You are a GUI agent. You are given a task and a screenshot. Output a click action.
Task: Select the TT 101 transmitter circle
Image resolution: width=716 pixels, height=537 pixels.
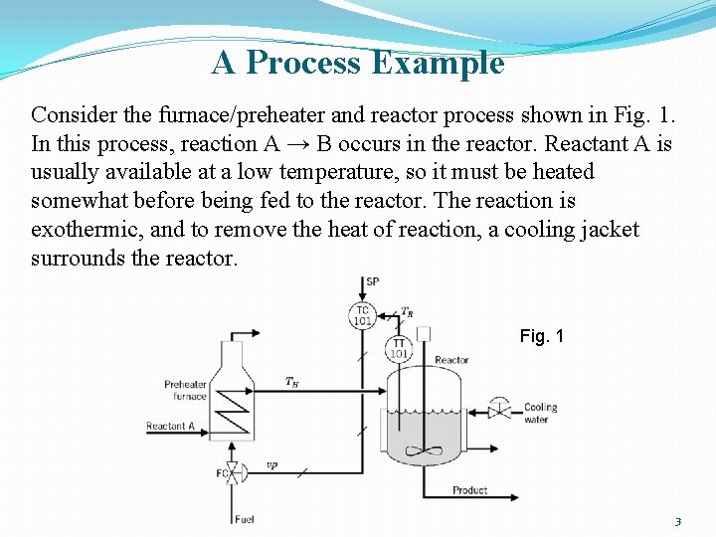398,347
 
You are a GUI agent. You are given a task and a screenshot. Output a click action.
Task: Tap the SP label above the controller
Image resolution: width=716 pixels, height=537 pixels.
372,281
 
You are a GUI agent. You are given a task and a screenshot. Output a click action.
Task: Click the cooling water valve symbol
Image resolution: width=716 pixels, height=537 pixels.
502,409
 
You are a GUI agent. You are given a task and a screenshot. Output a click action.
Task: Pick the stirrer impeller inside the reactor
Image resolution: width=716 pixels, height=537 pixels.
425,451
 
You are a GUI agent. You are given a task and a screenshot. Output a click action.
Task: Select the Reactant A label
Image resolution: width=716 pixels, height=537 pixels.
170,427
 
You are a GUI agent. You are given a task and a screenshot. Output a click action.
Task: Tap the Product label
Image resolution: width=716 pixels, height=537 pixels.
469,490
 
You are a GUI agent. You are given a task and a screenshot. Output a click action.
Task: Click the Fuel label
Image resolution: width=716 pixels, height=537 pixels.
244,519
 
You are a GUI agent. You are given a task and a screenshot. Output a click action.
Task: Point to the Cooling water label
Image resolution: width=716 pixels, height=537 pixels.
540,413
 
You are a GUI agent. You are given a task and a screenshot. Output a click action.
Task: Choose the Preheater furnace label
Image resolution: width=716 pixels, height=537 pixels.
185,390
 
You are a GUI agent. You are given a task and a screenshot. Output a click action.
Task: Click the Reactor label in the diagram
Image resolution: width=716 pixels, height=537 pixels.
451,360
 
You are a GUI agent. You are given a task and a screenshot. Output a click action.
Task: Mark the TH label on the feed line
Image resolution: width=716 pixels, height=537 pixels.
291,381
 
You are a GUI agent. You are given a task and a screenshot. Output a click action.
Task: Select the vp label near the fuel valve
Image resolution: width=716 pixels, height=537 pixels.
271,464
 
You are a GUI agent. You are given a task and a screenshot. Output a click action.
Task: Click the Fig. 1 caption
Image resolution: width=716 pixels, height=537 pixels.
541,336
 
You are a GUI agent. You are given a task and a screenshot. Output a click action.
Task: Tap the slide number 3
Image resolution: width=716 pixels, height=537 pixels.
677,521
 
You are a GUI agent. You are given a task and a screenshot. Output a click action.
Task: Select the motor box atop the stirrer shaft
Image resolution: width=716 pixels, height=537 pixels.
424,333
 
